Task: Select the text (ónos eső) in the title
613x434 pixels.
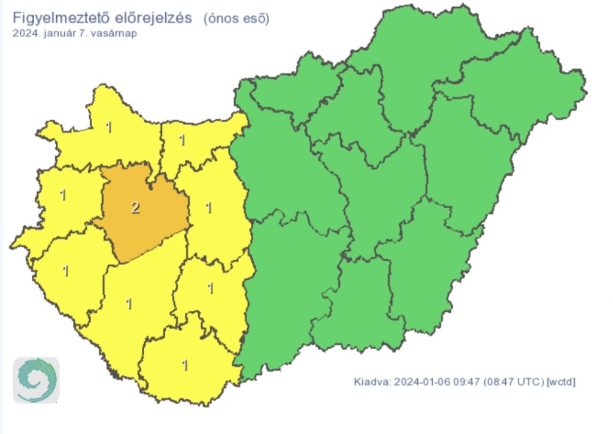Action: click(x=236, y=19)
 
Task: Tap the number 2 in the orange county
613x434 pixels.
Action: click(x=135, y=208)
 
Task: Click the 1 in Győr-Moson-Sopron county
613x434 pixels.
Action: click(x=108, y=127)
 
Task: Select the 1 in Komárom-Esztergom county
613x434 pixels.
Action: click(x=182, y=141)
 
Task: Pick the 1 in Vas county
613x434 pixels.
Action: click(x=63, y=195)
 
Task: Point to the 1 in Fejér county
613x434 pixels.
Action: click(x=208, y=208)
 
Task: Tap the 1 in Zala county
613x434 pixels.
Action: click(x=65, y=271)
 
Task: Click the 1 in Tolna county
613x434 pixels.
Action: click(x=210, y=289)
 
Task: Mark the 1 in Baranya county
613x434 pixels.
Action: click(x=184, y=365)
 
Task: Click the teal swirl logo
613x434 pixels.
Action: click(x=37, y=380)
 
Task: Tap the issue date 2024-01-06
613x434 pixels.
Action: click(x=419, y=381)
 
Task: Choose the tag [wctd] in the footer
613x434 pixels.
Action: click(x=562, y=381)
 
